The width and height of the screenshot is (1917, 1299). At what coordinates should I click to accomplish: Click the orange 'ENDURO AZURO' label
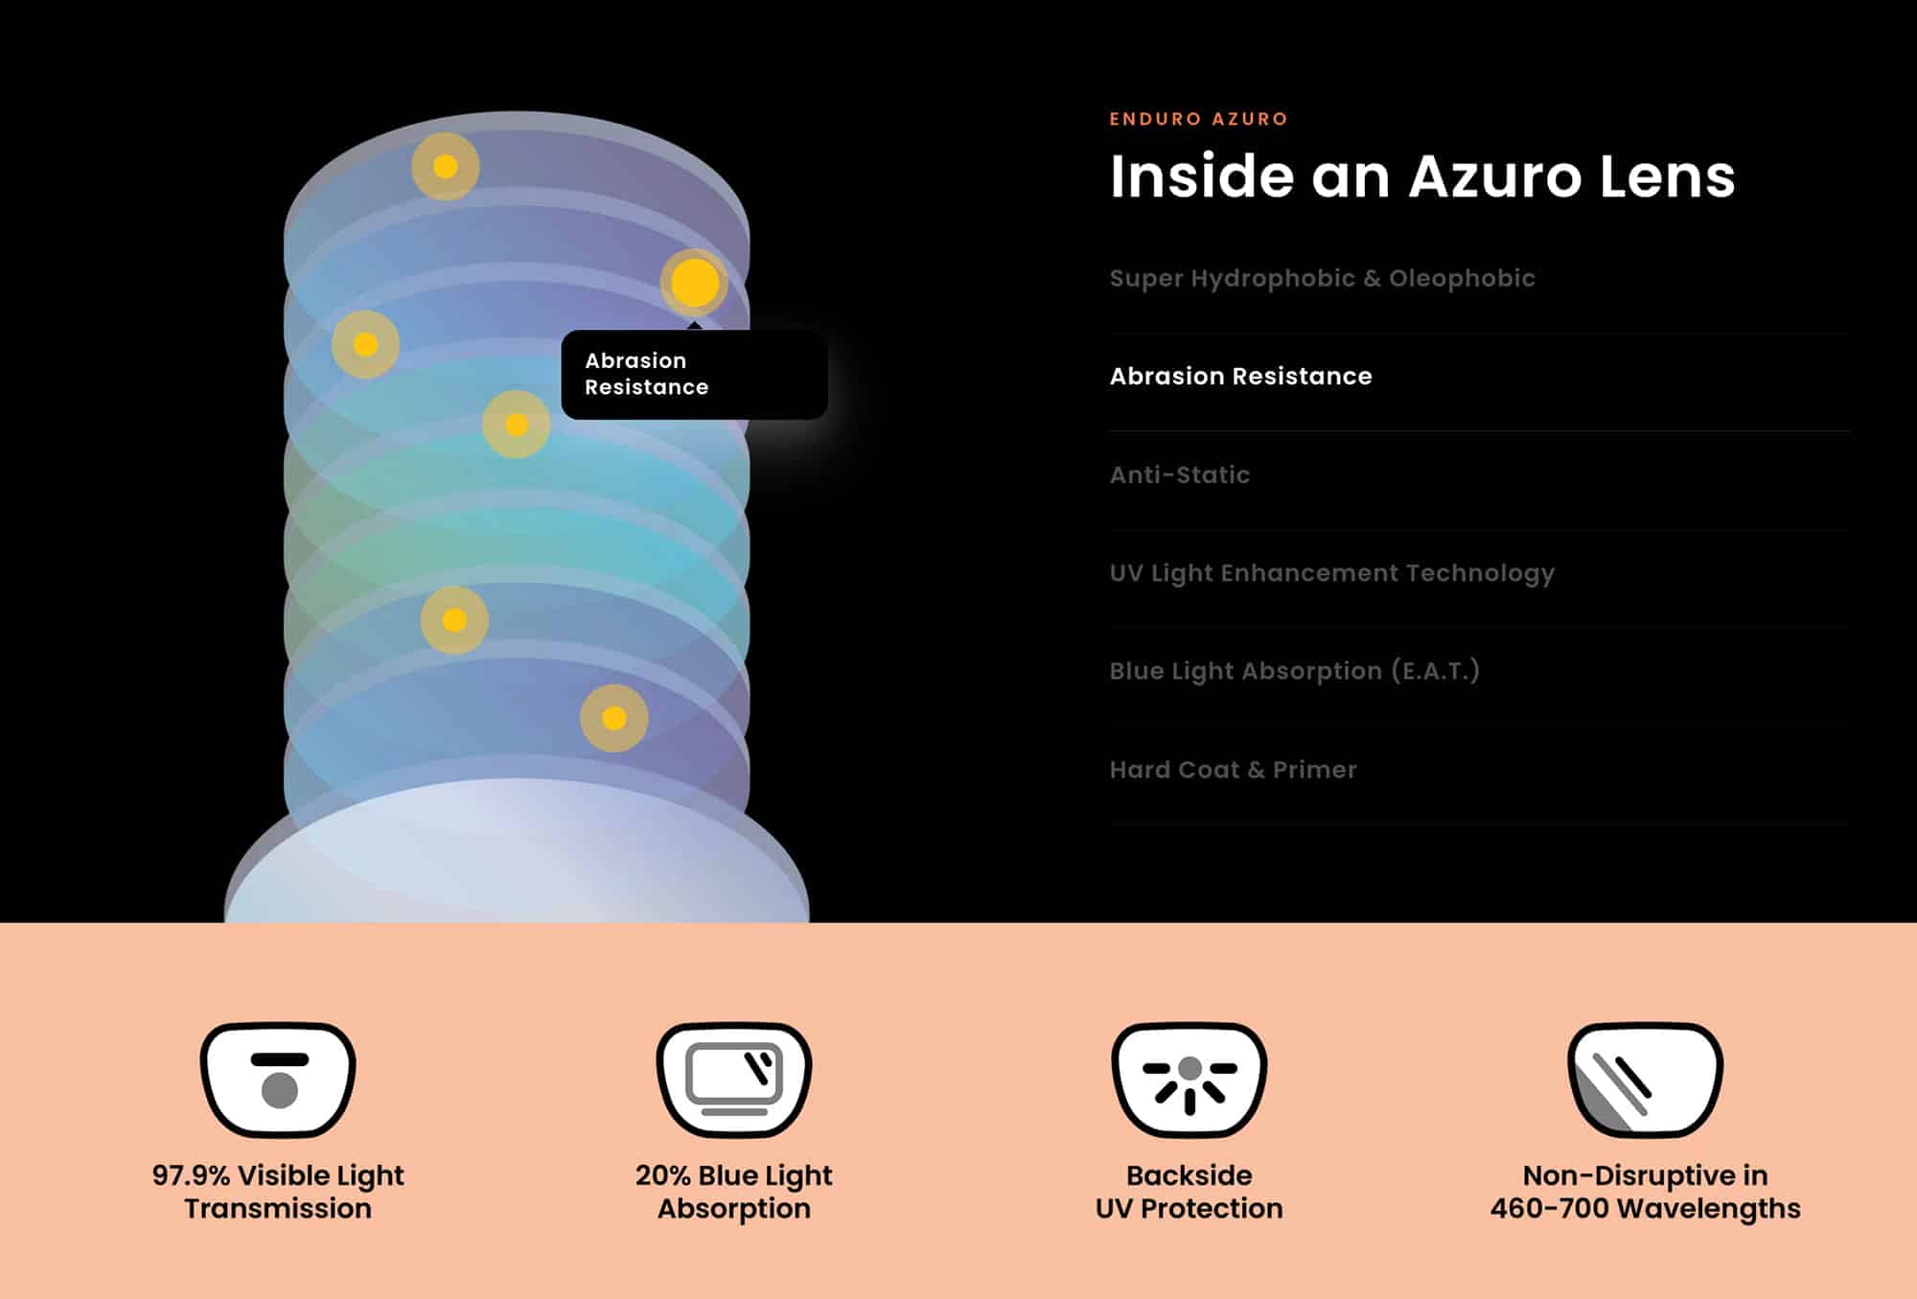[1198, 119]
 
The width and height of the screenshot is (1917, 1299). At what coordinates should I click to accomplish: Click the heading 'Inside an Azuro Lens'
[1422, 176]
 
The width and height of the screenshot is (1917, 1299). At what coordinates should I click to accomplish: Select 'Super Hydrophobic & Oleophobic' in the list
[1322, 278]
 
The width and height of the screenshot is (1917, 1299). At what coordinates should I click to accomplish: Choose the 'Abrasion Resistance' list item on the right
[1240, 376]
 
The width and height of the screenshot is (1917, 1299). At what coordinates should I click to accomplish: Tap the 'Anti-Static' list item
[1179, 475]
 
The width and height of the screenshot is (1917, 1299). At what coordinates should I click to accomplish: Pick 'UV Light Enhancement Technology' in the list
[1331, 573]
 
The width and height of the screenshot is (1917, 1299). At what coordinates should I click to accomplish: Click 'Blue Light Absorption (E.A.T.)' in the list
[1294, 671]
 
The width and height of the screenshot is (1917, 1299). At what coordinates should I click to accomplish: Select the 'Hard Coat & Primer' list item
[1233, 770]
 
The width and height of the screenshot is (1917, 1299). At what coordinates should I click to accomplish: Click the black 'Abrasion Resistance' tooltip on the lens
[694, 374]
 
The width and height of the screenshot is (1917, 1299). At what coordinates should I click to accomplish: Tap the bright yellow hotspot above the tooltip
[695, 283]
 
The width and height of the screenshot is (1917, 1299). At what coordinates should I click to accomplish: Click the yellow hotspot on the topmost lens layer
[446, 167]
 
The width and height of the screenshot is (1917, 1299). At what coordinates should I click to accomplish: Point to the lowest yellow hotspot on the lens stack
[614, 718]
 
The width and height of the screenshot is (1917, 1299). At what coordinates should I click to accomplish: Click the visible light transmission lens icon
[278, 1079]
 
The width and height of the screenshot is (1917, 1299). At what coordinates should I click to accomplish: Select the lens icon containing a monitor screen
[734, 1079]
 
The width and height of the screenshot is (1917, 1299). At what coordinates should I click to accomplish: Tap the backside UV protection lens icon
[1189, 1079]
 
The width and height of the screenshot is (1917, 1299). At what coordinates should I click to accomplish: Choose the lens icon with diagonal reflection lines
[1645, 1079]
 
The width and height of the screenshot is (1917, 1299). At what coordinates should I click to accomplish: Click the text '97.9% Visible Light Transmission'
[278, 1192]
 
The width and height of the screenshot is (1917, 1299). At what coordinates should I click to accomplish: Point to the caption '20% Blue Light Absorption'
[734, 1192]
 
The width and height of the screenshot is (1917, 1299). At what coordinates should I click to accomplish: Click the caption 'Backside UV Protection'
[1189, 1192]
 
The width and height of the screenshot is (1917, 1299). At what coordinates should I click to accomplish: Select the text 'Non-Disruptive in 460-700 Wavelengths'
[1645, 1192]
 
